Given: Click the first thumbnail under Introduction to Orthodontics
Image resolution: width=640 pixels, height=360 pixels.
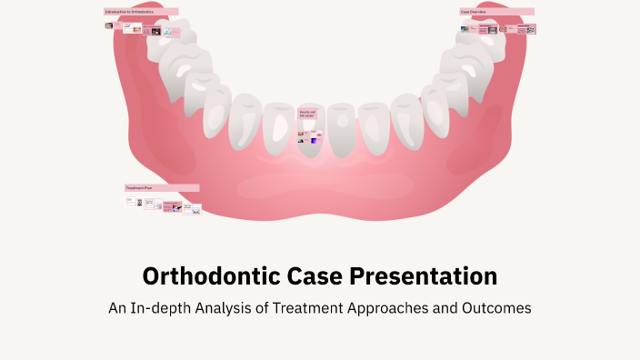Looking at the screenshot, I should [x=109, y=26].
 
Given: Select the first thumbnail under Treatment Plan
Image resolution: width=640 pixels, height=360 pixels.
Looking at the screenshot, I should [x=129, y=202].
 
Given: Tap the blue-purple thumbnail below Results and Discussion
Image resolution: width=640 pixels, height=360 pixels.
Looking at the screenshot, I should [x=313, y=140].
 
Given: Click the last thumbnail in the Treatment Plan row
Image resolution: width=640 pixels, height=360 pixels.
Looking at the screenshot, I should [x=196, y=210].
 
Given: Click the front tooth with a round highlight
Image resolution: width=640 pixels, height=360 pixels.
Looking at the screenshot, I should [x=341, y=127].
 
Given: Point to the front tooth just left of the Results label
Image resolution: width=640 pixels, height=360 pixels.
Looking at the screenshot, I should [x=276, y=127].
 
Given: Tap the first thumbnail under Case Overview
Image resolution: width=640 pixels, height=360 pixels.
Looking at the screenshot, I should [x=465, y=29].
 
